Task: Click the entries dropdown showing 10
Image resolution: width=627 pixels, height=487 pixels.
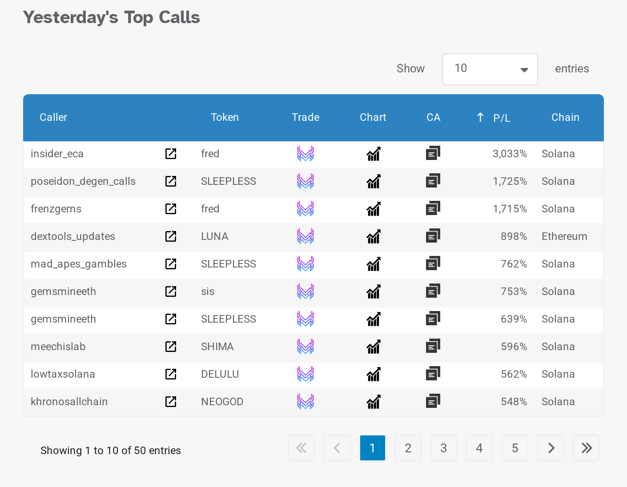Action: [x=490, y=69]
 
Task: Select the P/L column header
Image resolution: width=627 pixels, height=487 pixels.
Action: [x=501, y=118]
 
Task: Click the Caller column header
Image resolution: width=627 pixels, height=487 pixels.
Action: [x=53, y=117]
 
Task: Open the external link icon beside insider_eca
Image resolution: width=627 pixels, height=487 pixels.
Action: [x=171, y=154]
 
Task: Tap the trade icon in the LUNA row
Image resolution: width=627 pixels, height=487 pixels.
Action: [x=305, y=236]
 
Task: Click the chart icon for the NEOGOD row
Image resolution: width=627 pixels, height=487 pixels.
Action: [x=374, y=402]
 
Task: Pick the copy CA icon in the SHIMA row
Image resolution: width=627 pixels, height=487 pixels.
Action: [x=433, y=346]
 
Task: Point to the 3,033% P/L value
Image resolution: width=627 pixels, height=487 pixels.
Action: [x=510, y=154]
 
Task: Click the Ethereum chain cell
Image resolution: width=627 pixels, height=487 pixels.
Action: [x=564, y=236]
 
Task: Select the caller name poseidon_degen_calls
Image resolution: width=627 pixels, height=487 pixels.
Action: [x=83, y=181]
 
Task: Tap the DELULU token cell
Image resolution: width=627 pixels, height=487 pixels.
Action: [x=220, y=374]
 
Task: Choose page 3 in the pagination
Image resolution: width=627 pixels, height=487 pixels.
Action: [x=443, y=448]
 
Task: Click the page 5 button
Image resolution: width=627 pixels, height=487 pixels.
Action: [x=514, y=448]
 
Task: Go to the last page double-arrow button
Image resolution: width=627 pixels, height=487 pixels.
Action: [x=586, y=448]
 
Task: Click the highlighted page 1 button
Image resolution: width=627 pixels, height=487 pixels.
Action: [x=372, y=448]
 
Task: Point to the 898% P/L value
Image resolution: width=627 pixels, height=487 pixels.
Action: [x=514, y=236]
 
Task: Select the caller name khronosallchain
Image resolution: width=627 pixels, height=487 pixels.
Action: [x=69, y=402]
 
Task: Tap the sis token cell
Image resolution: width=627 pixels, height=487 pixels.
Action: [x=208, y=291]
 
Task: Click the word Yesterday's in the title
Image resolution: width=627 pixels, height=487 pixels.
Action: [x=71, y=17]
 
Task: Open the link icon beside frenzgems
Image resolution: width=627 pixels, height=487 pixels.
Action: [x=171, y=209]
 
